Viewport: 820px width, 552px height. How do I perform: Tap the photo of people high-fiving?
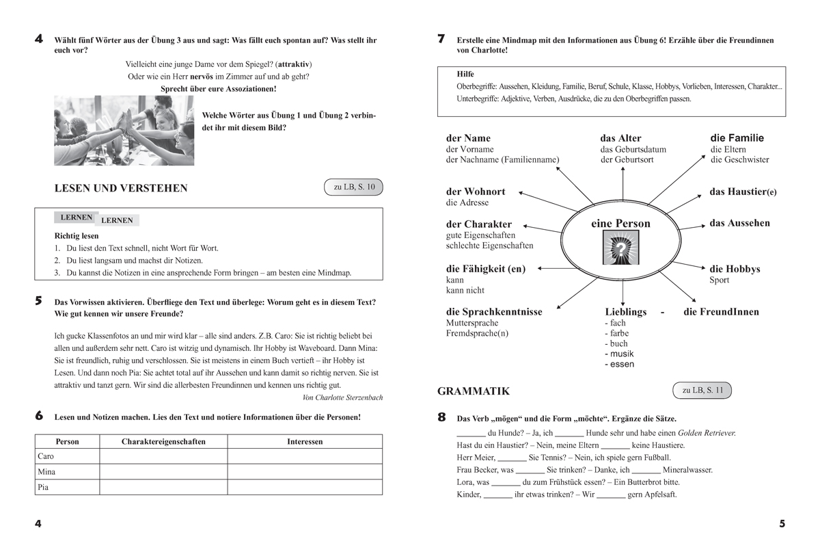click(x=124, y=130)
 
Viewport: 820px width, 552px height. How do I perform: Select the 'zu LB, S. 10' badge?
click(x=354, y=187)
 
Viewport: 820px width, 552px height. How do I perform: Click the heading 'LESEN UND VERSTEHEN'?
click(x=120, y=188)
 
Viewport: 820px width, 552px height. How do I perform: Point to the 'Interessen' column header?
click(x=305, y=441)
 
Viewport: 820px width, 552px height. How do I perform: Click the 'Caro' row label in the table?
click(x=46, y=456)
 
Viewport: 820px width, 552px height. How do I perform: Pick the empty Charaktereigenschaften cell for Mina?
click(x=163, y=472)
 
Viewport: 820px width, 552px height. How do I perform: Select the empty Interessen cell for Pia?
click(x=305, y=487)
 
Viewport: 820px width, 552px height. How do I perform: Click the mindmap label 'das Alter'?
click(x=620, y=138)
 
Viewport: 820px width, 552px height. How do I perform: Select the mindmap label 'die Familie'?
click(x=737, y=138)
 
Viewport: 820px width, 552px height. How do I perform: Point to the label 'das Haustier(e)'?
click(x=743, y=192)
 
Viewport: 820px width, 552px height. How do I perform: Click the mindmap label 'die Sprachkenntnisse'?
click(x=494, y=312)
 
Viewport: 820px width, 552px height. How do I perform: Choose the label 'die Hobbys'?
click(x=735, y=269)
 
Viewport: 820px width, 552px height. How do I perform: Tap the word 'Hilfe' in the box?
click(x=465, y=74)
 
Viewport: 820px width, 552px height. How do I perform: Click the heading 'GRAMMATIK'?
click(x=474, y=391)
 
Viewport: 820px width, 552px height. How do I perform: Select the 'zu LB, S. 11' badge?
click(x=702, y=391)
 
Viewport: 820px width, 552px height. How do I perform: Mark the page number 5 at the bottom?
click(x=782, y=524)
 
